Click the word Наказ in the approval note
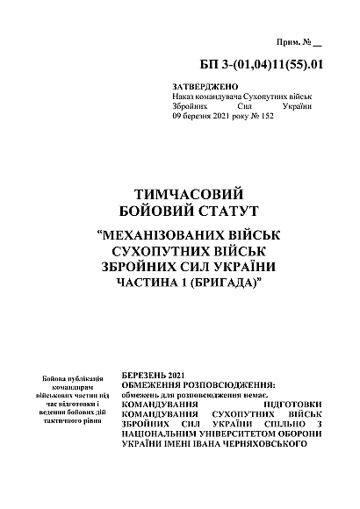[186, 97]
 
